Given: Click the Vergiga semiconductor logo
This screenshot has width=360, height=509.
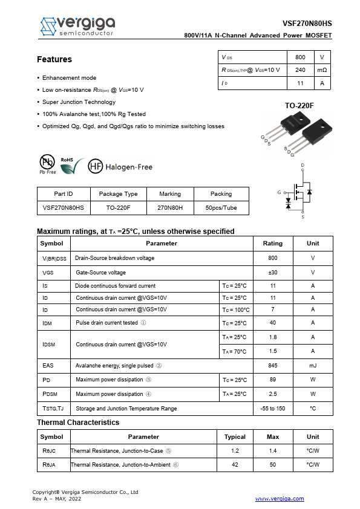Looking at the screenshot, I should (77, 26).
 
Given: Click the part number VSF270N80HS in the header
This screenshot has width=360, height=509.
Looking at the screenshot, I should (307, 24).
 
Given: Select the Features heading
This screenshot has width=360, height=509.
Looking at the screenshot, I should (54, 59).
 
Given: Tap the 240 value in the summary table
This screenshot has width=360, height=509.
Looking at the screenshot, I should (300, 70).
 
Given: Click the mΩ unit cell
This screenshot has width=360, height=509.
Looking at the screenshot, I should (322, 70).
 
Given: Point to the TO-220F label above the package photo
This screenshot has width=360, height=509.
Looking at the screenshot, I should (299, 106).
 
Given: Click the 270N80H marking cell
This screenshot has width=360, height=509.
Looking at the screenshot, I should (170, 207).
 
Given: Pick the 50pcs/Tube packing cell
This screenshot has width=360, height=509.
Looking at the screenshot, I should (221, 207).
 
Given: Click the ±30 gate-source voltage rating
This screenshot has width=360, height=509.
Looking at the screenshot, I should (272, 273).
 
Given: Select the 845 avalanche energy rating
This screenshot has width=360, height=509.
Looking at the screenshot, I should (272, 366).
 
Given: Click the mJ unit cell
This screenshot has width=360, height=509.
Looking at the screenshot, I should (313, 366).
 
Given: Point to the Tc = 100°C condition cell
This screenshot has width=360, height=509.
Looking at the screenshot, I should (235, 310).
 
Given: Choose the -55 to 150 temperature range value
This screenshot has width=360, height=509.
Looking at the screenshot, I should (272, 409).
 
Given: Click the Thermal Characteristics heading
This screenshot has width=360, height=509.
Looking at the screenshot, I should (78, 423).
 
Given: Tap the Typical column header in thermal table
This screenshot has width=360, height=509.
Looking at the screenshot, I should (235, 436).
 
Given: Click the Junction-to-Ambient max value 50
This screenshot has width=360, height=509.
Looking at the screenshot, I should (273, 465).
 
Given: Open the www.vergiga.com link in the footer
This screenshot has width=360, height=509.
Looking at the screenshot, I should (280, 499).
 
